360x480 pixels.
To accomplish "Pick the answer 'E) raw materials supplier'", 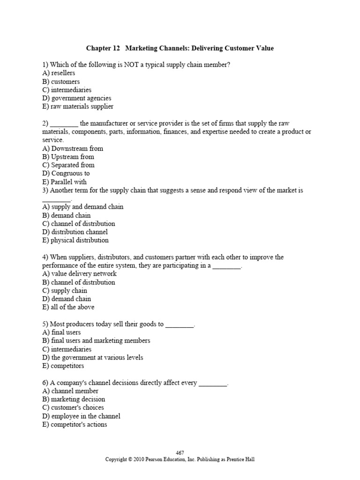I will click(77, 106).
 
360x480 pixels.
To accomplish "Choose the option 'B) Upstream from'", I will click(68, 157).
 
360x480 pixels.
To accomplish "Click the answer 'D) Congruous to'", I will click(66, 173).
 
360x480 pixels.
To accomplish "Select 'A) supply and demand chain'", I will click(82, 207).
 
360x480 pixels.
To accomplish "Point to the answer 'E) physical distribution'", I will click(75, 240).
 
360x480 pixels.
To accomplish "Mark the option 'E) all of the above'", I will click(68, 307).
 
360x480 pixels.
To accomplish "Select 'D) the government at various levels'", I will click(92, 358).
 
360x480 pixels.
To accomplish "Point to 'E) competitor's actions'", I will click(75, 425).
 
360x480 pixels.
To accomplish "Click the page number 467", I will click(180, 453).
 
